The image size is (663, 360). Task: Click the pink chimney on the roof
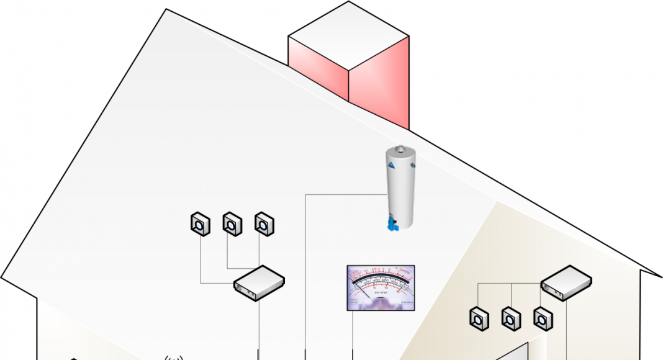point(379,87)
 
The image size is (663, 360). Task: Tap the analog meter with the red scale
point(381,287)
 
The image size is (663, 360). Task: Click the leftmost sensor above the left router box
point(200,223)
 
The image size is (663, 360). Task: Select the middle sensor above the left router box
point(232,223)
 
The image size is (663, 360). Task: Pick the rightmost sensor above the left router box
point(264,223)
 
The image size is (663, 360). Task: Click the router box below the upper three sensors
point(259,284)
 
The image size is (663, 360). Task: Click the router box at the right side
point(566,282)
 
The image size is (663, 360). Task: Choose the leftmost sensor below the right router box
point(479,318)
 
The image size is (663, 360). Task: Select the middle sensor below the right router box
point(511,318)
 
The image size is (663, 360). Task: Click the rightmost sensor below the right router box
point(543,318)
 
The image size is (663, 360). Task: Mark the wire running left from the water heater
point(345,195)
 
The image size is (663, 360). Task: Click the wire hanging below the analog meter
point(353,335)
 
